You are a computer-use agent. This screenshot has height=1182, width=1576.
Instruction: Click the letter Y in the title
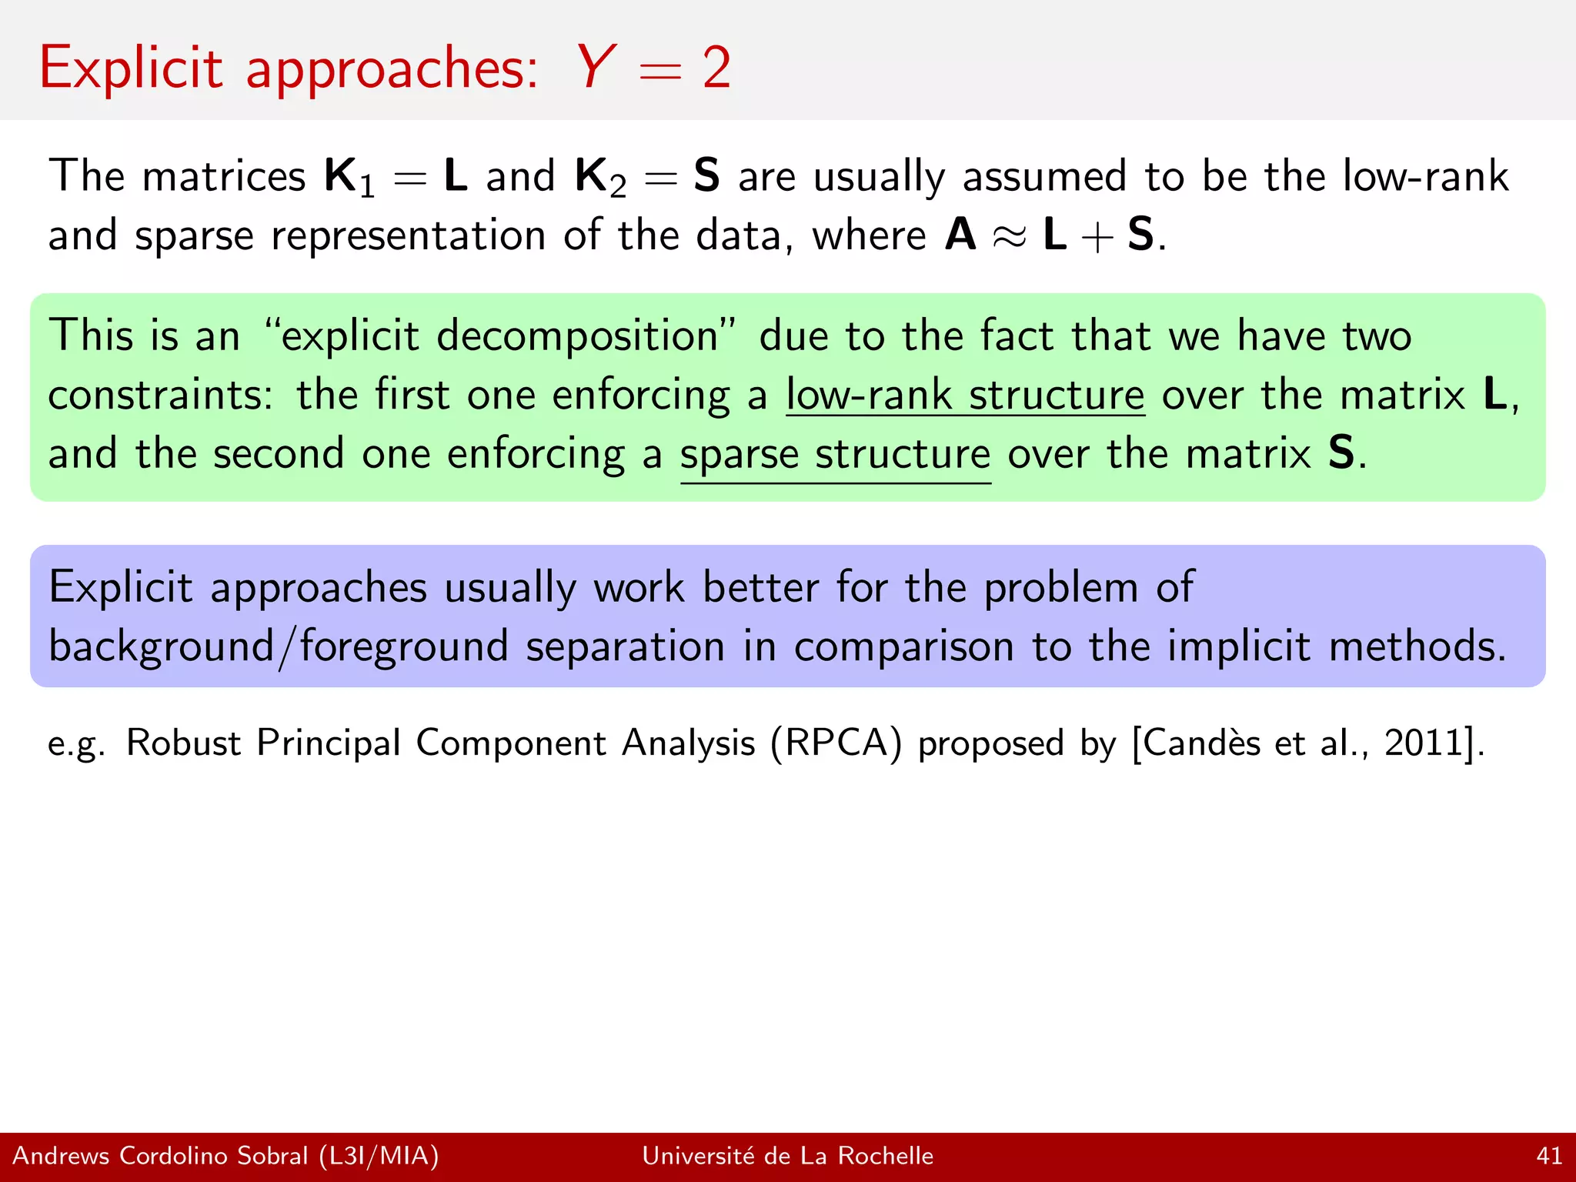596,68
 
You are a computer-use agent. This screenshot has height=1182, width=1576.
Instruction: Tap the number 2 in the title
716,68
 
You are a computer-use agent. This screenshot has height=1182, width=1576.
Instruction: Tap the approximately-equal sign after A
1010,237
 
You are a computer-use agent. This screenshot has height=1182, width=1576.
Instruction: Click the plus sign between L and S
1097,237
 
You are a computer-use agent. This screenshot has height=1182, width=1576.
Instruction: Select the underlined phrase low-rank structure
965,395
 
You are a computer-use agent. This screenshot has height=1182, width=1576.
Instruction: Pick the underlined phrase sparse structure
836,454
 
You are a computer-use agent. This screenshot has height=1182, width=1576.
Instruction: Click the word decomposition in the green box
577,337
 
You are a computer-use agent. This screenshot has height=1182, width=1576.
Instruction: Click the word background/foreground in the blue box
278,646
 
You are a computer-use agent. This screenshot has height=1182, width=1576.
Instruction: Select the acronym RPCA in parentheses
836,743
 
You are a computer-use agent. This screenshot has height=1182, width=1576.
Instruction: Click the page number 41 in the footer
1549,1156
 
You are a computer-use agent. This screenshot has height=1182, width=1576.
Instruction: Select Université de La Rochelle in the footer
787,1156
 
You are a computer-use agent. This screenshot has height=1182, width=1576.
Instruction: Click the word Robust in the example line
184,743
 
